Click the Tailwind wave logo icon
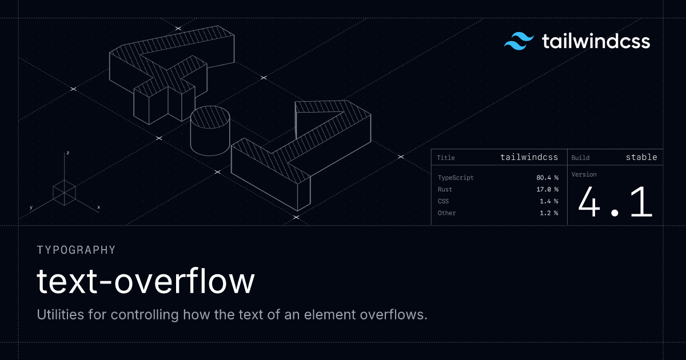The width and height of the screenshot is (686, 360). (519, 42)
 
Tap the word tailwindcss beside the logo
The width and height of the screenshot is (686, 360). (596, 41)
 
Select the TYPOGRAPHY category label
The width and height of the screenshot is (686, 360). (76, 250)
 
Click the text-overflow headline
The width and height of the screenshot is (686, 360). (146, 281)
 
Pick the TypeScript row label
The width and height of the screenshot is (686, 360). (456, 178)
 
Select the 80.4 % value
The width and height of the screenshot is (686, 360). (547, 178)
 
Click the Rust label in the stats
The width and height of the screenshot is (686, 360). (445, 189)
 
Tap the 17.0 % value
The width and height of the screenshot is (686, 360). (547, 189)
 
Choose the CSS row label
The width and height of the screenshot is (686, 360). (443, 201)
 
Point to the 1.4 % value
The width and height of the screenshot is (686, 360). (549, 201)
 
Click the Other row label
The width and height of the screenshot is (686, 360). (446, 213)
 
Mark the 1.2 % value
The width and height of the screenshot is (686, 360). (549, 213)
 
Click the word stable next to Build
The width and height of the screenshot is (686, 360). (641, 157)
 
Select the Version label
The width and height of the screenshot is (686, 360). (584, 174)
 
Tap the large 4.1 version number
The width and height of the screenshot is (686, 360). (615, 203)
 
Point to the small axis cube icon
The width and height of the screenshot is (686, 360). (65, 191)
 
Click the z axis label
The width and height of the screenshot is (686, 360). (67, 153)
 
